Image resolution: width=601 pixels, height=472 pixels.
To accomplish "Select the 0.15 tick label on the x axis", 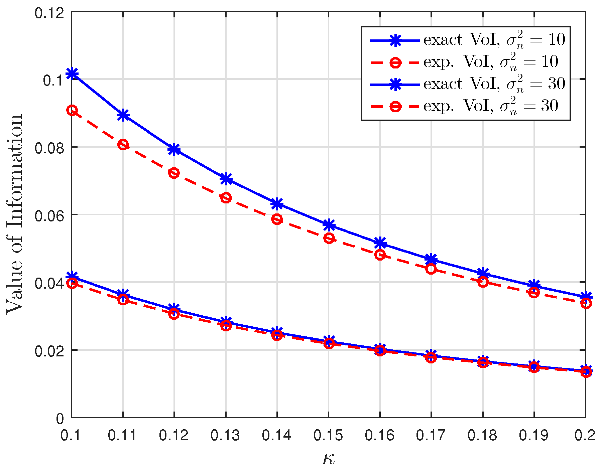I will pyautogui.click(x=328, y=435).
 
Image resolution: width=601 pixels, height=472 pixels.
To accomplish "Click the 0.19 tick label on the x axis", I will pyautogui.click(x=534, y=435).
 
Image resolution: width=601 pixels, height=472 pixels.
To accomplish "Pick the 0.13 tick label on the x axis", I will pyautogui.click(x=226, y=435).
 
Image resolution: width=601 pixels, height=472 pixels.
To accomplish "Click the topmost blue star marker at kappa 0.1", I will pyautogui.click(x=72, y=73).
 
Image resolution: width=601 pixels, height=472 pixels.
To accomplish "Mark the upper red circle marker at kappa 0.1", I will pyautogui.click(x=72, y=110).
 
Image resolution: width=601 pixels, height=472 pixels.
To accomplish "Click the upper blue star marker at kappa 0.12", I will pyautogui.click(x=174, y=150).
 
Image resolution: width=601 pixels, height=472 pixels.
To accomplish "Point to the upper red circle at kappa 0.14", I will pyautogui.click(x=277, y=219).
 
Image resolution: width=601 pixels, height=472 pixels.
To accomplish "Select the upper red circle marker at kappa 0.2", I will pyautogui.click(x=586, y=303).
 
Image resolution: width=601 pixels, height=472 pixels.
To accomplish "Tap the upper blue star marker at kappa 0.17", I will pyautogui.click(x=431, y=259).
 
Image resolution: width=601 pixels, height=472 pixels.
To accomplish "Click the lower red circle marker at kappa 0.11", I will pyautogui.click(x=123, y=300).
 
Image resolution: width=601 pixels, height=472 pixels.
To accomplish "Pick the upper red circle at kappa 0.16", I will pyautogui.click(x=380, y=255).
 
